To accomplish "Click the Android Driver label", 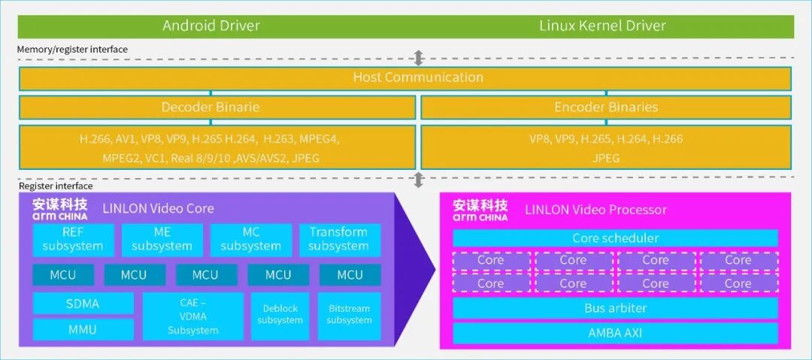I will [211, 26].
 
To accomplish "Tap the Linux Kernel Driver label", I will [602, 26].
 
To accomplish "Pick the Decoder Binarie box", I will [211, 107].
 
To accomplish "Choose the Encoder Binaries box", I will [606, 107].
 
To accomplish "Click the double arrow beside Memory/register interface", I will [419, 58].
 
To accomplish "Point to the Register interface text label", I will [56, 186].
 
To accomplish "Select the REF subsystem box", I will [73, 239].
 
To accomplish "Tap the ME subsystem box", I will [162, 239].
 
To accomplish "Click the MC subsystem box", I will [250, 239].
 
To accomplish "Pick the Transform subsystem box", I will [338, 239].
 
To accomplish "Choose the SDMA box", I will [83, 304].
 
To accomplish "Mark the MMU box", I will [83, 329].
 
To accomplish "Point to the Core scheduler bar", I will [615, 238].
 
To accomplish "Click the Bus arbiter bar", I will [615, 308].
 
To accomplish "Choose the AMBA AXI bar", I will [615, 333].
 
